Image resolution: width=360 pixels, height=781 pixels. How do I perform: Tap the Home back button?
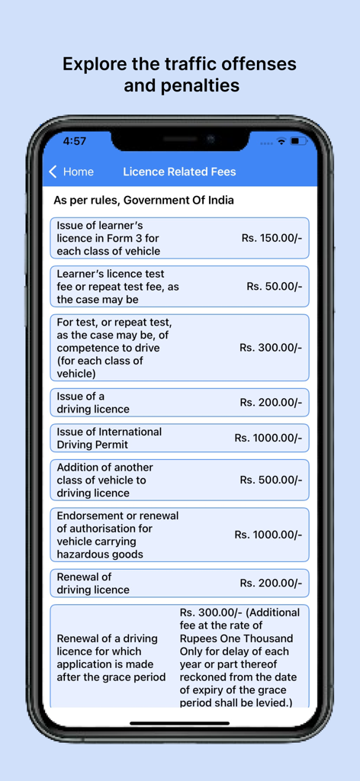(71, 172)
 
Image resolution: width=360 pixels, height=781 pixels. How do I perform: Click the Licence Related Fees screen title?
(179, 172)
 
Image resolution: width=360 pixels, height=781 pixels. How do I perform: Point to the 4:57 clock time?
(75, 141)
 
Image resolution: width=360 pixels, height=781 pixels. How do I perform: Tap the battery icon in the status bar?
(298, 141)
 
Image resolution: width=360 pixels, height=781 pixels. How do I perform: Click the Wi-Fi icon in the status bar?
(281, 141)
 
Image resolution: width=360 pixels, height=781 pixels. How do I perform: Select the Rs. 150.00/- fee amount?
(272, 238)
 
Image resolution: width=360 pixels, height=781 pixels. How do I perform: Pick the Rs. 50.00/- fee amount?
(274, 286)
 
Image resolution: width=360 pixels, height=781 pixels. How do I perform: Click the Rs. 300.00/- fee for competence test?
(271, 347)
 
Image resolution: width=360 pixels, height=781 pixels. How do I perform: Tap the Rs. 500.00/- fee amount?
(271, 480)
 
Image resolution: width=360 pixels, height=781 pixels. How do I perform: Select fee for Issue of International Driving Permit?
(268, 438)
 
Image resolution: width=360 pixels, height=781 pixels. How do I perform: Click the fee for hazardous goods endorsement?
(268, 535)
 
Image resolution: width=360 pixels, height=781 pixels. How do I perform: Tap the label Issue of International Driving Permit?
(109, 438)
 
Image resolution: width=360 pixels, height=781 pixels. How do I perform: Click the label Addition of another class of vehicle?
(104, 480)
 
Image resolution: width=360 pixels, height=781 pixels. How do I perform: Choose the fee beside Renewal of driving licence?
(271, 583)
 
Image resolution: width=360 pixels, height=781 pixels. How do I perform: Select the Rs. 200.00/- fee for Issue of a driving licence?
(271, 402)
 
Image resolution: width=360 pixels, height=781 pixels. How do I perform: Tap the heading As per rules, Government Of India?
(143, 201)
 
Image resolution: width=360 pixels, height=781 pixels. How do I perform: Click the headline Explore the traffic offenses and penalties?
(180, 74)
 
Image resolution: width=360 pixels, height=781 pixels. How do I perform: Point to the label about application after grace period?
(111, 657)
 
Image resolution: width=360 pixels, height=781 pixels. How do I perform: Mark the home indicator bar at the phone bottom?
(179, 722)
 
